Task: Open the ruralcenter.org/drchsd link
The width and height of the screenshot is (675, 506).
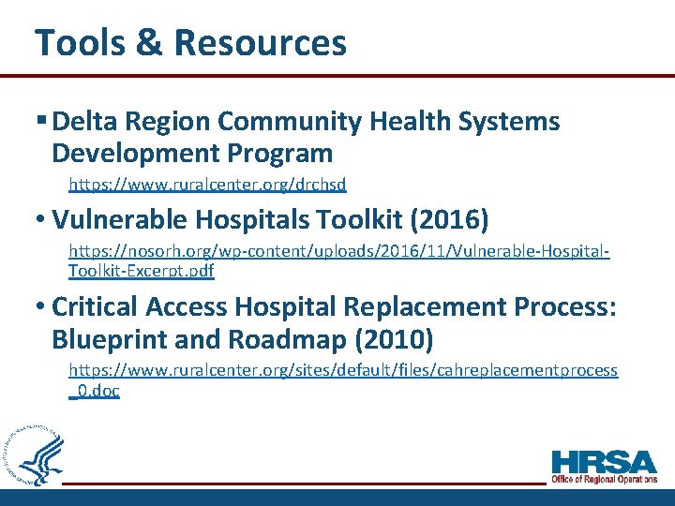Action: click(207, 186)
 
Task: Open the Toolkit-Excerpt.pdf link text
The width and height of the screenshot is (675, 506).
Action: click(141, 272)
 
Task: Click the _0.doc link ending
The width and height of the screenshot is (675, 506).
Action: click(95, 391)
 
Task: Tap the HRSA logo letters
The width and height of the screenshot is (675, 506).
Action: click(604, 462)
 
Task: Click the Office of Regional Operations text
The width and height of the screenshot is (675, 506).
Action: click(604, 480)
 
